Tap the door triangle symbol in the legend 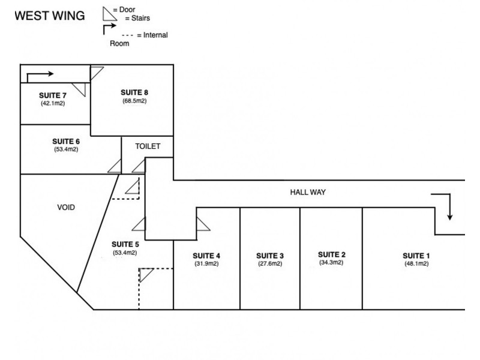click(x=109, y=13)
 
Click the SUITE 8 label click(x=134, y=92)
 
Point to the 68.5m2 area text click(x=134, y=101)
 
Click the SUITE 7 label click(x=53, y=95)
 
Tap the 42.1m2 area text click(x=53, y=103)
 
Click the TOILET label click(x=147, y=146)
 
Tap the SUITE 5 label click(x=125, y=244)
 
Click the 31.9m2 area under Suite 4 click(x=206, y=263)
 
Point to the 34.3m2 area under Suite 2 click(x=331, y=262)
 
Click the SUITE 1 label click(x=416, y=256)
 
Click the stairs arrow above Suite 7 click(x=40, y=75)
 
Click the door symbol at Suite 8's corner click(x=95, y=73)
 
